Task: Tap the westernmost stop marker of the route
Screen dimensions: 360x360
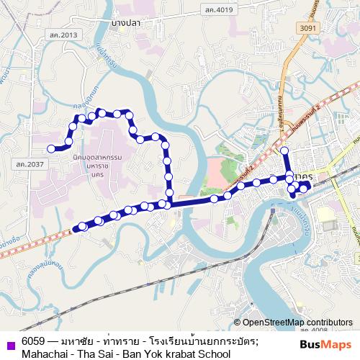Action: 51,149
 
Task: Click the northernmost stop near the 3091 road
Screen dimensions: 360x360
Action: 284,150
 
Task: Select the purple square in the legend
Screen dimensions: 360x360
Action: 10,341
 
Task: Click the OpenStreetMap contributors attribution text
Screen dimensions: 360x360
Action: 297,323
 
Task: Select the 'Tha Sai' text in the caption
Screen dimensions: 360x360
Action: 95,354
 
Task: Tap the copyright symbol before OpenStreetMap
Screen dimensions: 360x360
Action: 238,323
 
